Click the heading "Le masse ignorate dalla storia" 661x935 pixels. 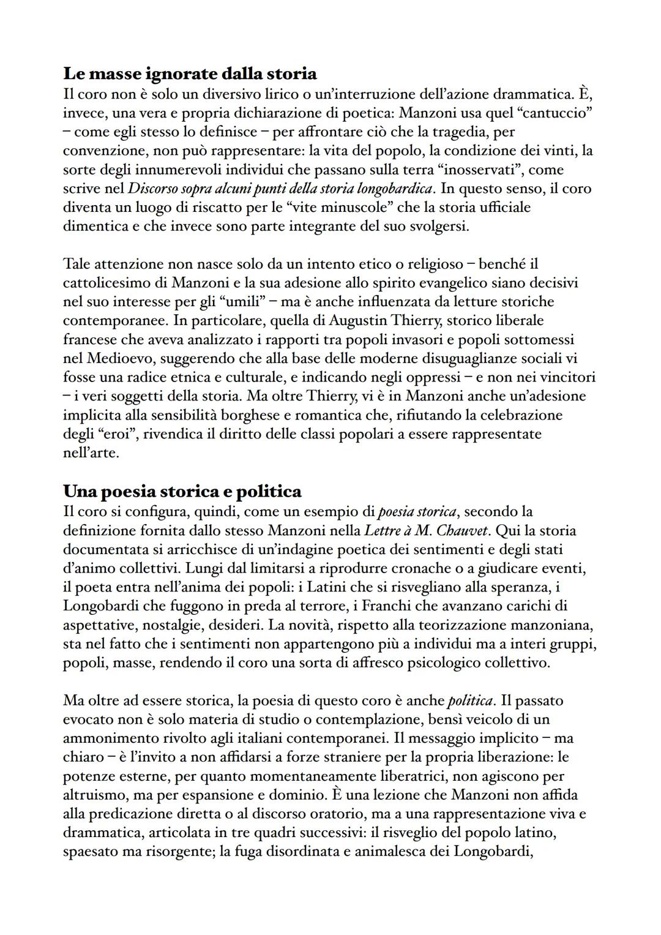pyautogui.click(x=190, y=74)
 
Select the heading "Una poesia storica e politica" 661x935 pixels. pyautogui.click(x=182, y=491)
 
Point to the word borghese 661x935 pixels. pyautogui.click(x=247, y=415)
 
